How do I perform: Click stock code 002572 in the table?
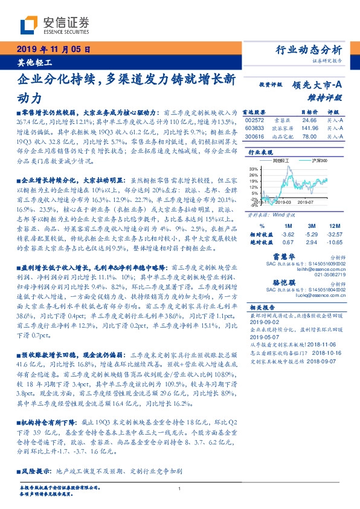click(256, 120)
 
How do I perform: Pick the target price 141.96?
click(309, 128)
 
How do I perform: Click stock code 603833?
click(256, 128)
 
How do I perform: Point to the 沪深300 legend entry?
click(319, 161)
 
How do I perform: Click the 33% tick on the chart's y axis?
click(254, 168)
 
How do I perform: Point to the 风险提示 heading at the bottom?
click(36, 470)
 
